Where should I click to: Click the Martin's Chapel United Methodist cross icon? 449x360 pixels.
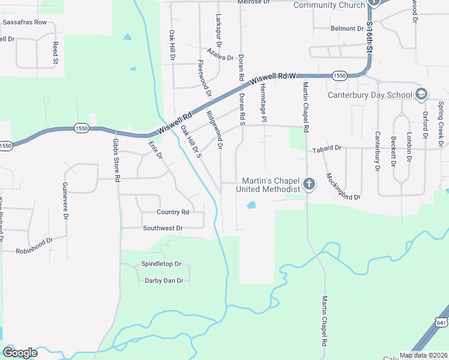click(x=309, y=184)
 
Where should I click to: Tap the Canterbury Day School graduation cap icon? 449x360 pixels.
click(x=421, y=94)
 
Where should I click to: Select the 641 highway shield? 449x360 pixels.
click(x=442, y=323)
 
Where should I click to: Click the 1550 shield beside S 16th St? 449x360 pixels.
click(x=339, y=76)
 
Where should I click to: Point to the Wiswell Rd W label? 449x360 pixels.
click(x=274, y=77)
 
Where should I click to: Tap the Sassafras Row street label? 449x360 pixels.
click(x=25, y=22)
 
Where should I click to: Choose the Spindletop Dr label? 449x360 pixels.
click(x=161, y=264)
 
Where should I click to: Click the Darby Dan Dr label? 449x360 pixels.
click(x=163, y=280)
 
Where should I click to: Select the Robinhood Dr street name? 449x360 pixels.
click(x=34, y=245)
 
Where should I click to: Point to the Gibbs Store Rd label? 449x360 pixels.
click(x=116, y=160)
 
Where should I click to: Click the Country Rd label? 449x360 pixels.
click(x=172, y=212)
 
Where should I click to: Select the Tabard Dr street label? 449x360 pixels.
click(x=327, y=148)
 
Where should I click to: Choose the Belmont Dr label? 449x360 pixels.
click(x=347, y=28)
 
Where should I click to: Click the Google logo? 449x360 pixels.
click(x=20, y=352)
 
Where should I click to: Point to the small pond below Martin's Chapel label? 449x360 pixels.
click(x=251, y=205)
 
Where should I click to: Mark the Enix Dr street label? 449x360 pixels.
click(x=155, y=147)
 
